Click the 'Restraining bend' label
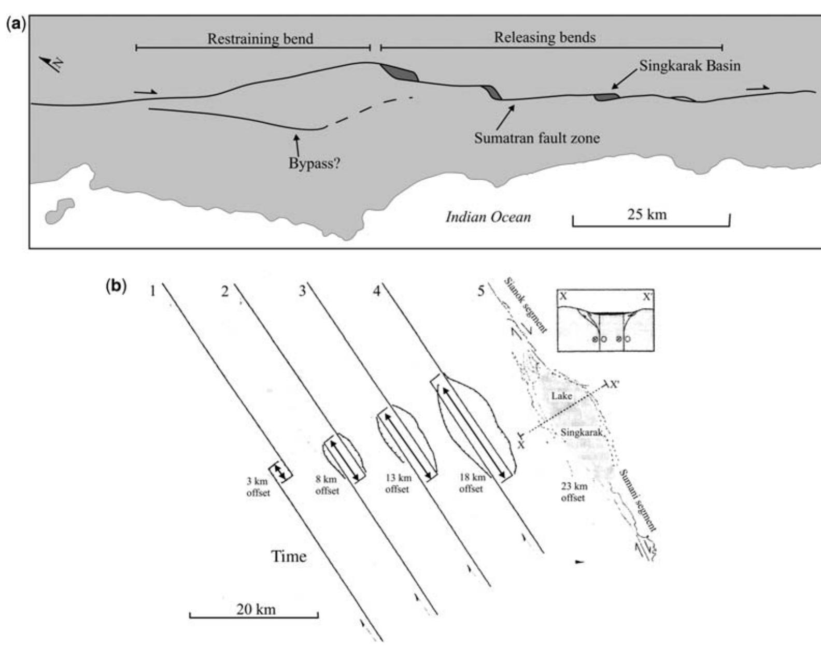click(x=260, y=39)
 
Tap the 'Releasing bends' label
click(x=544, y=37)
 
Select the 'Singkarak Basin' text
click(x=689, y=66)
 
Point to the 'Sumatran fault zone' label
click(x=536, y=138)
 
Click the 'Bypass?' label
click(x=314, y=164)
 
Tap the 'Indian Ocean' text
click(x=488, y=217)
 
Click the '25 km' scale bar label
click(x=647, y=214)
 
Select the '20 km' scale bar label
click(x=256, y=609)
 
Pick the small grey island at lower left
click(x=59, y=210)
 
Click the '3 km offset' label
click(x=258, y=487)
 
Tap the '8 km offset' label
click(x=327, y=485)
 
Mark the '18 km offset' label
click(x=471, y=482)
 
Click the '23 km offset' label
click(x=573, y=492)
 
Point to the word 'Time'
click(x=289, y=556)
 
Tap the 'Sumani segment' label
click(x=638, y=500)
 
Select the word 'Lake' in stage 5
click(x=562, y=396)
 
